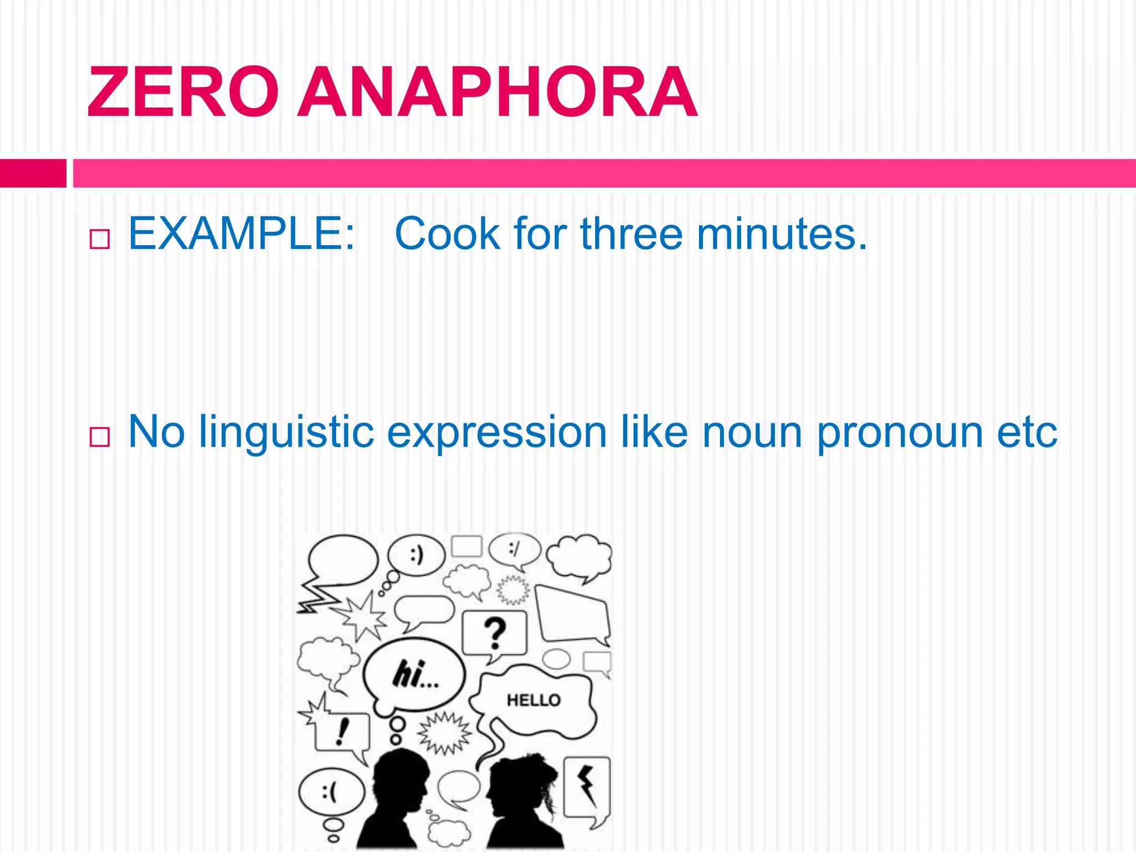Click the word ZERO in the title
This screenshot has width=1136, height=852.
click(183, 92)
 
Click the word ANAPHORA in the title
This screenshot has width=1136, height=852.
click(498, 92)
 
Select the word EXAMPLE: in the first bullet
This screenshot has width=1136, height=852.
click(241, 234)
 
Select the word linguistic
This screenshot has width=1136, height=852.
click(287, 432)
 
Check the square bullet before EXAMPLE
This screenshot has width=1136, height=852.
click(99, 239)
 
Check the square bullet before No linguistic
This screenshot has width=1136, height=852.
click(99, 437)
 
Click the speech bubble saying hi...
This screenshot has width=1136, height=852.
click(414, 674)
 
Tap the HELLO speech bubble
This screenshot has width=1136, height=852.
click(534, 701)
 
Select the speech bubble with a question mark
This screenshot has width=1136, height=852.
click(494, 633)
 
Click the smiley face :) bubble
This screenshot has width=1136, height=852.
click(417, 555)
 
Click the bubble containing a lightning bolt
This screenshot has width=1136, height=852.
click(587, 787)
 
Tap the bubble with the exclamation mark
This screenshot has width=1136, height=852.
click(342, 732)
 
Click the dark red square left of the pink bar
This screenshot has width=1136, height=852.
click(33, 173)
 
